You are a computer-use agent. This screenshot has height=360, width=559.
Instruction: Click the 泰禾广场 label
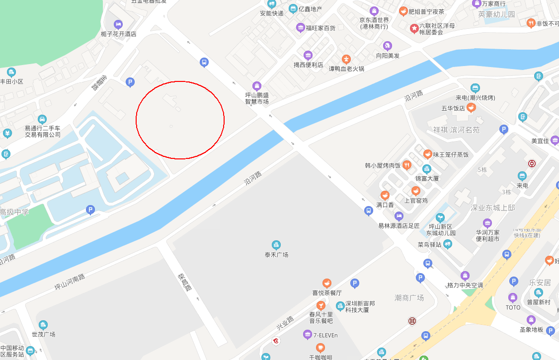coord(276,255)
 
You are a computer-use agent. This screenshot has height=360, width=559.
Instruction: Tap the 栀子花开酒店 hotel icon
coord(118,24)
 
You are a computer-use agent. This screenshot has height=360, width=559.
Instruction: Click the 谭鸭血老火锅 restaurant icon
coord(346,59)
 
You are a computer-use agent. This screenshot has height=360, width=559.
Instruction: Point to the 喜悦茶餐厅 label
coord(327,292)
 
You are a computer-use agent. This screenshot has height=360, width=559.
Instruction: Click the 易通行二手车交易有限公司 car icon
coord(42,119)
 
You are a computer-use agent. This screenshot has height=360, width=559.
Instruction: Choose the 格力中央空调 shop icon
coord(465,276)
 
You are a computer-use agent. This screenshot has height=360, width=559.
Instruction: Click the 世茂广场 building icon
coord(43,325)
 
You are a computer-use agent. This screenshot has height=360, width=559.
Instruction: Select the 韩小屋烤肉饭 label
coord(383,165)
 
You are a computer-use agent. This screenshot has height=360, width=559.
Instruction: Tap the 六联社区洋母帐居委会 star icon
coord(414,29)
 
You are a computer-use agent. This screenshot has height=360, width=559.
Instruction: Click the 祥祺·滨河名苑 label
coord(456,130)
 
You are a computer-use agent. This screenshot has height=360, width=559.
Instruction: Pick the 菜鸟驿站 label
coord(429,244)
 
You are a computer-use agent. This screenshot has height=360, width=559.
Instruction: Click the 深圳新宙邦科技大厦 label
coord(360,306)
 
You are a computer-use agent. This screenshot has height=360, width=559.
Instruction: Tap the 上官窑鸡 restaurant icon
coord(416,191)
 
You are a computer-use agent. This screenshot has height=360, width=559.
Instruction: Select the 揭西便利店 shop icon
coord(308,55)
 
